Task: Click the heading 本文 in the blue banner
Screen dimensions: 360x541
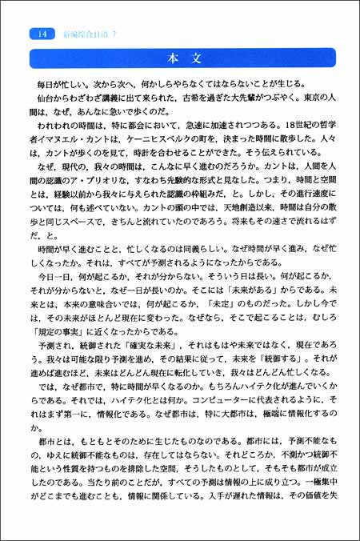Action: (x=178, y=59)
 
